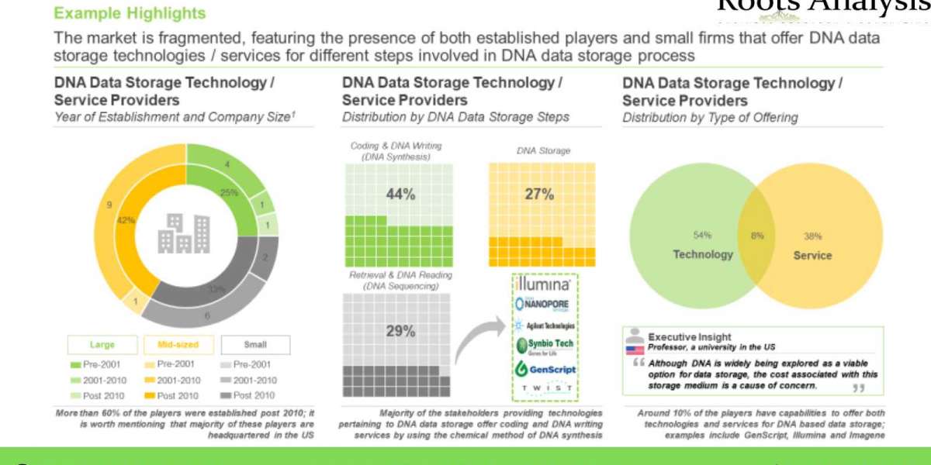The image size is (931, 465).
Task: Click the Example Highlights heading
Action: pyautogui.click(x=130, y=13)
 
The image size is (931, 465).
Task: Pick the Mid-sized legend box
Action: pyautogui.click(x=178, y=345)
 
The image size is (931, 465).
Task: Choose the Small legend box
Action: pyautogui.click(x=255, y=345)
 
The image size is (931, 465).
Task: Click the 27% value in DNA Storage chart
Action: pyautogui.click(x=539, y=195)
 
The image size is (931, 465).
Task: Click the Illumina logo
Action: pyautogui.click(x=545, y=284)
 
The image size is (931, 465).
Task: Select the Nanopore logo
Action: pyautogui.click(x=545, y=305)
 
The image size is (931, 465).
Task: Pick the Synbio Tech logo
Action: pyautogui.click(x=545, y=346)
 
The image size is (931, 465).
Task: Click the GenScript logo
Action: pyautogui.click(x=545, y=369)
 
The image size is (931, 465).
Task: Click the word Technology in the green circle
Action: pyautogui.click(x=702, y=254)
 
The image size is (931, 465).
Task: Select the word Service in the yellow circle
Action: pyautogui.click(x=812, y=255)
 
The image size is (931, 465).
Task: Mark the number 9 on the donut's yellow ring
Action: pyautogui.click(x=109, y=205)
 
